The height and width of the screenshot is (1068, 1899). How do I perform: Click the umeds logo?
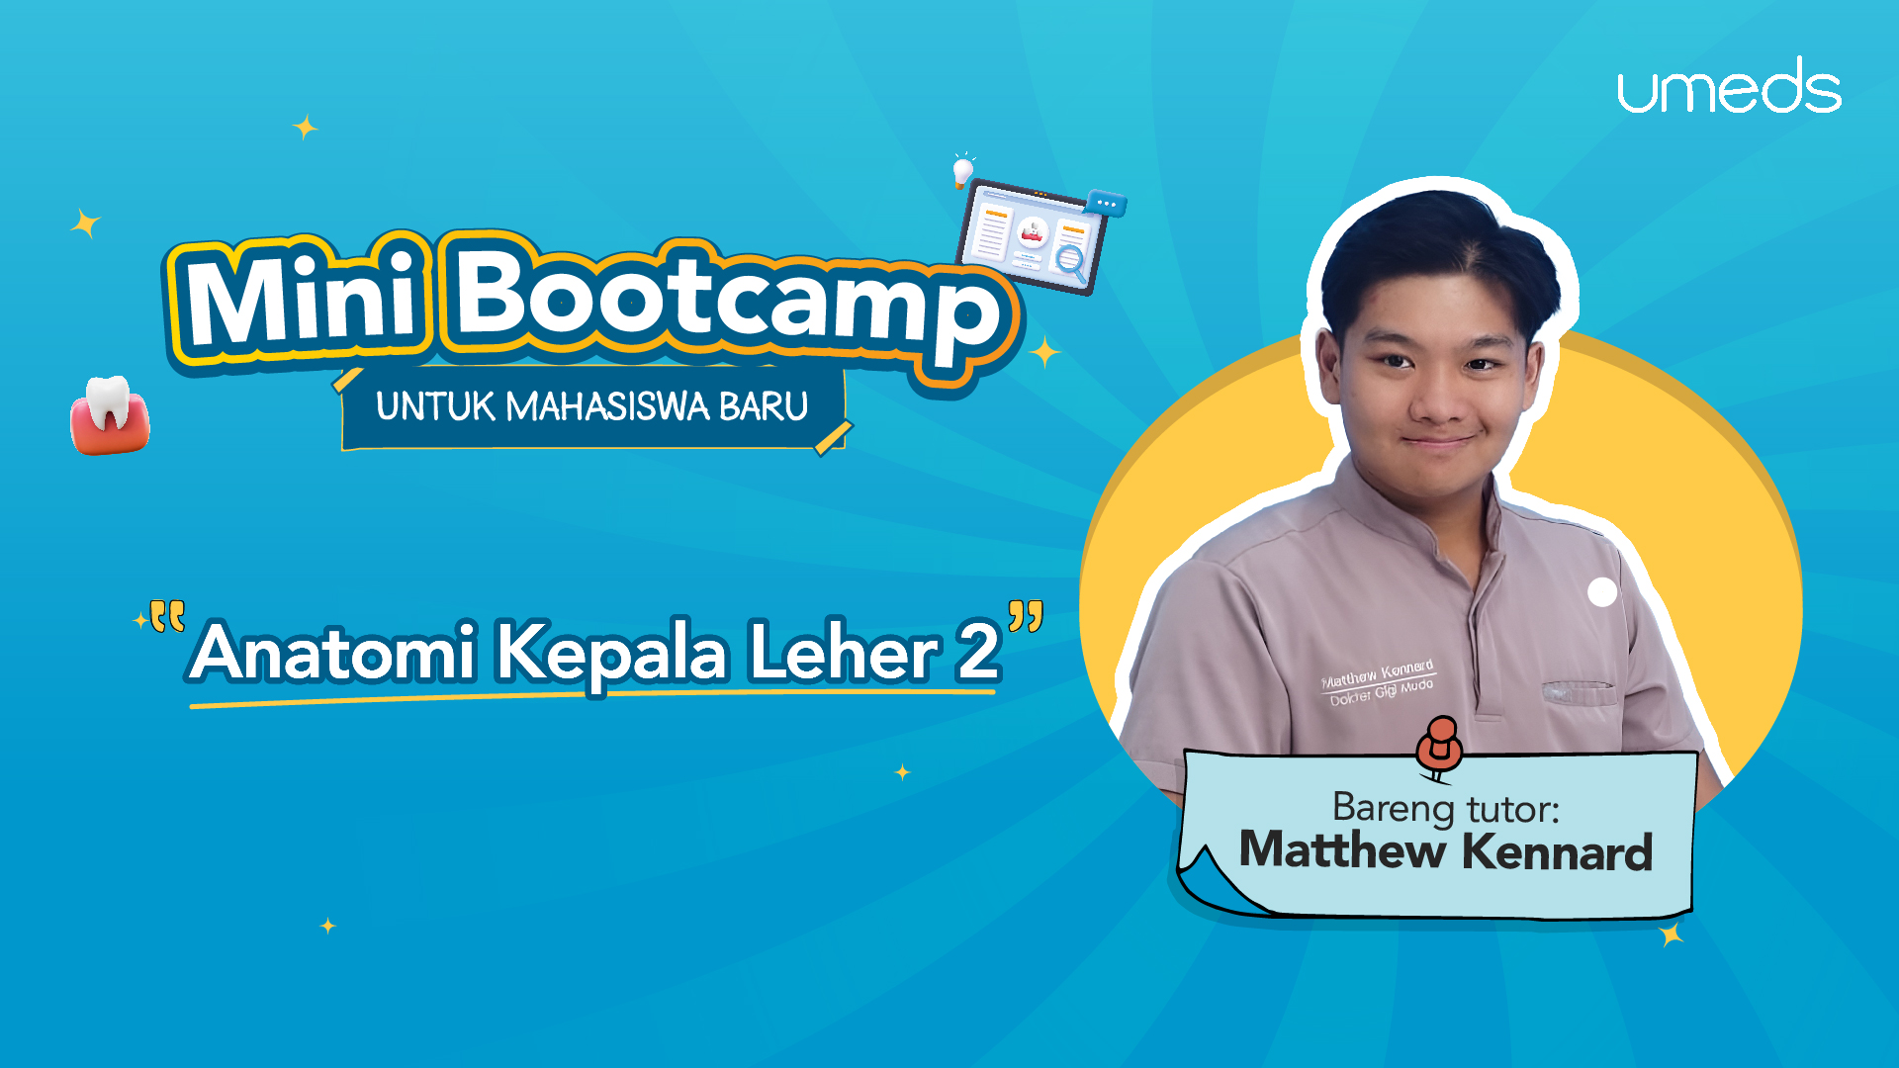click(x=1729, y=86)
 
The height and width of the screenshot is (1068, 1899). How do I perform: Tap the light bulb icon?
click(x=962, y=170)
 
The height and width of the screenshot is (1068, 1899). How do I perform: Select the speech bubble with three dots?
click(x=1106, y=202)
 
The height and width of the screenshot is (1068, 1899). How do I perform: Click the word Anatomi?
click(x=334, y=652)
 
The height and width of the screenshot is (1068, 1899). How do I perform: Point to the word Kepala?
click(x=611, y=654)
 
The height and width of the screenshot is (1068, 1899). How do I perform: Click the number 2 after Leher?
click(x=978, y=652)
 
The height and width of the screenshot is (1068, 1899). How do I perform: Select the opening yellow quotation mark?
click(x=167, y=616)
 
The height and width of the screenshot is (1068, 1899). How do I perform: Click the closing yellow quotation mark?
click(x=1026, y=616)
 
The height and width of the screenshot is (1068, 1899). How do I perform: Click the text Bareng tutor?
click(x=1446, y=809)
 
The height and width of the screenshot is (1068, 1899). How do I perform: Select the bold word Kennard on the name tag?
click(x=1557, y=852)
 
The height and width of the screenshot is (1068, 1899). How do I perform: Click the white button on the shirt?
click(x=1602, y=591)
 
